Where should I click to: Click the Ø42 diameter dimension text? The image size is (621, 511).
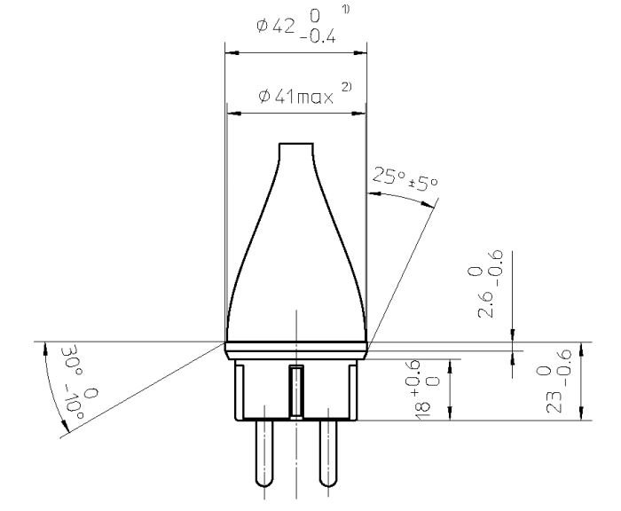tap(276, 27)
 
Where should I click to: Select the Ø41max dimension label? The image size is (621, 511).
tap(295, 97)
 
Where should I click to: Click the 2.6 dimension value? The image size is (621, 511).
tap(486, 304)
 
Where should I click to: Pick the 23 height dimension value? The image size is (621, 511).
tap(554, 402)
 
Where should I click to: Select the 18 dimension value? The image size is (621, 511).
tap(423, 410)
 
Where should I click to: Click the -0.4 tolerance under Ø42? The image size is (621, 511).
tap(318, 37)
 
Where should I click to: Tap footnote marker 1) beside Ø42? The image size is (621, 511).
tap(346, 10)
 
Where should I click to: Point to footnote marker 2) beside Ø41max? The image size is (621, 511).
tap(346, 87)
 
